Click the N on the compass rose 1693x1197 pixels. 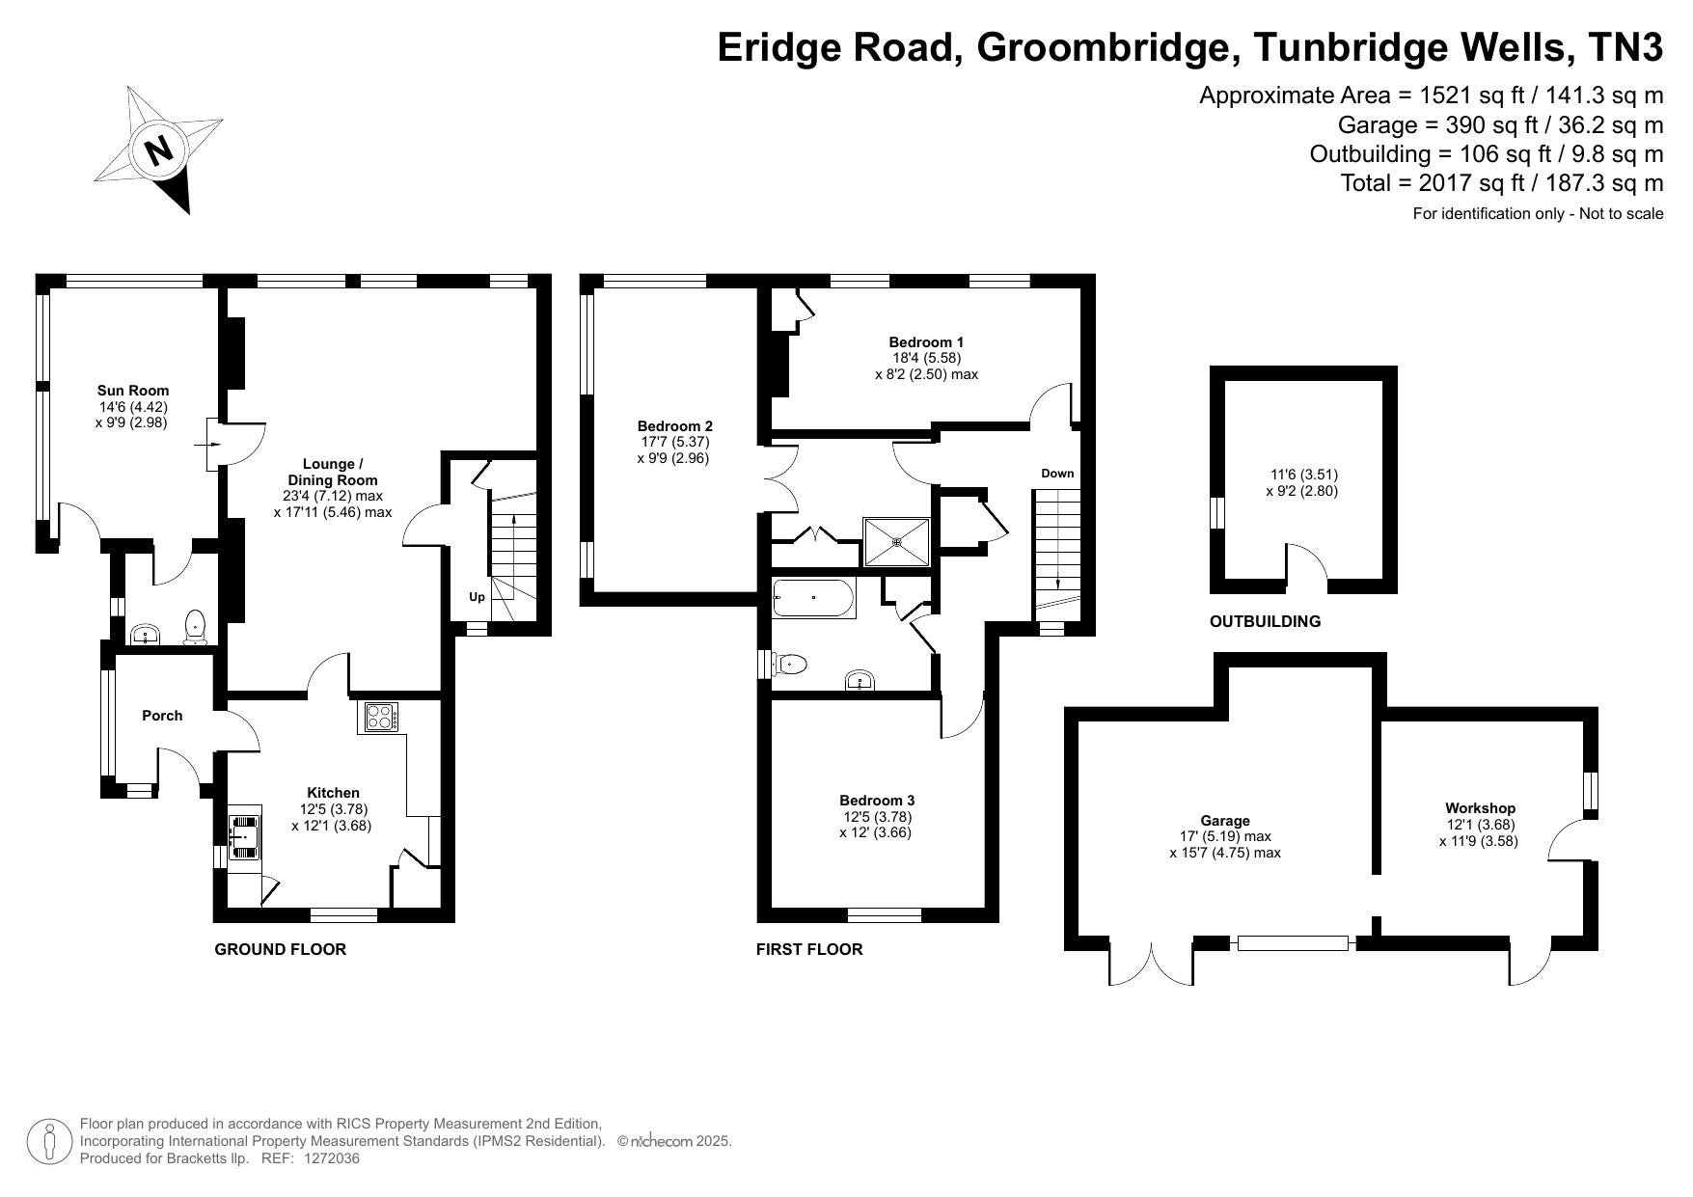[158, 150]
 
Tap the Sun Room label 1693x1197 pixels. [133, 391]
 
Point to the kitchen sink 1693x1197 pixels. [245, 835]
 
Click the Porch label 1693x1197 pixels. [162, 716]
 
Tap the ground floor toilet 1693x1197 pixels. [196, 626]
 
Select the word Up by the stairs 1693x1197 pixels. [477, 597]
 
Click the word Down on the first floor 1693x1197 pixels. [1057, 474]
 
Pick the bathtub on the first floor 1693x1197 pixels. [813, 598]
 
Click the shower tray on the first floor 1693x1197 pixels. [897, 542]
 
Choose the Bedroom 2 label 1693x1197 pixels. [674, 426]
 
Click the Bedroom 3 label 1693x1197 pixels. [877, 801]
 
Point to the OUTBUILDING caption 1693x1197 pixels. [1265, 621]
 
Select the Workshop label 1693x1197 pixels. [1480, 808]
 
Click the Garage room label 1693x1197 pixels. [1225, 821]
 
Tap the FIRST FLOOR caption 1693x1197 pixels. [809, 949]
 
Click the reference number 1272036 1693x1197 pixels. [332, 1158]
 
